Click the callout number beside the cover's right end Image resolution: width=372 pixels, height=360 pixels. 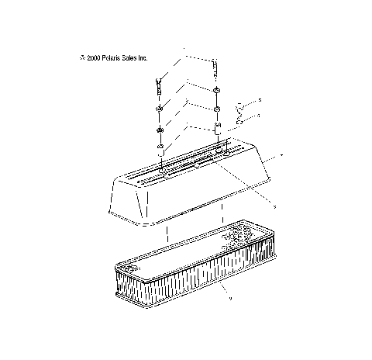(281, 156)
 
